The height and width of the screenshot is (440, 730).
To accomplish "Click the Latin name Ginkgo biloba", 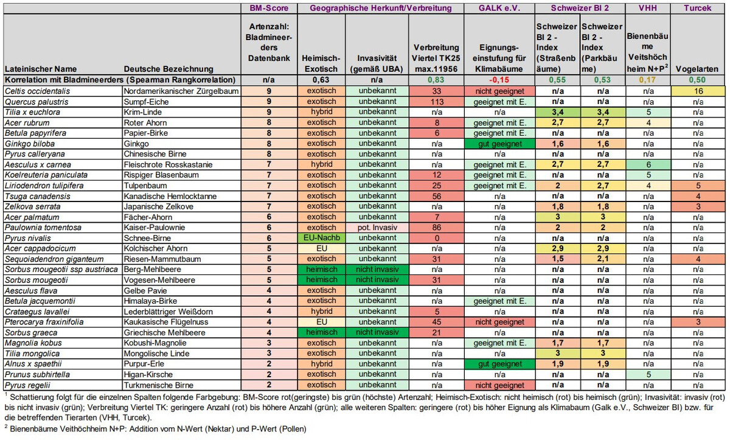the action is (30, 144).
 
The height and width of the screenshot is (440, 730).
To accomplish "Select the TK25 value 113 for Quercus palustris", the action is (437, 102).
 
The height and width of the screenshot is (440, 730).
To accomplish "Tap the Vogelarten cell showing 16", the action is (698, 91).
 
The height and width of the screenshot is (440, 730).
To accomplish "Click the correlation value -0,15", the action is (499, 80).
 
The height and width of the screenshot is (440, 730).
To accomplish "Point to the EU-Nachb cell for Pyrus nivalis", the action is (321, 238).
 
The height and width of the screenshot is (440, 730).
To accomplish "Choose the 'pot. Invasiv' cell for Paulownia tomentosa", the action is (377, 228).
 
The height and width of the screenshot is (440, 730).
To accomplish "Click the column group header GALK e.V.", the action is (499, 8).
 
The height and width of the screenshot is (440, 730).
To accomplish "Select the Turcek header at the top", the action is (697, 8).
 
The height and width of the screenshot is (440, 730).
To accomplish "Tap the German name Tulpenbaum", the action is (145, 186).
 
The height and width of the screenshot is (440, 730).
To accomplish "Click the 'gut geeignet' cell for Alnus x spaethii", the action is (499, 364).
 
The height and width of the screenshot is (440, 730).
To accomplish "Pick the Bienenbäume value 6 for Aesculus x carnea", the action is (648, 164).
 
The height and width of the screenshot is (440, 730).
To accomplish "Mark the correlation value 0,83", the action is (436, 80).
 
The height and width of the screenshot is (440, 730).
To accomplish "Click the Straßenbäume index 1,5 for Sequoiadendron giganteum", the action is (558, 259).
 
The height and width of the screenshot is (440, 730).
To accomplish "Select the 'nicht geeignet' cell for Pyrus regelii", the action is (499, 385).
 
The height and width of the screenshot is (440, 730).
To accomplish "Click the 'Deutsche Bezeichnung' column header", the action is (169, 69).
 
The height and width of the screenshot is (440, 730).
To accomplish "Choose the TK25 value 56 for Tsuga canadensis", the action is (437, 196).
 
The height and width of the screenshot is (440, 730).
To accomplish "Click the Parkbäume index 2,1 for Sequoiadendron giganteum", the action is (603, 259).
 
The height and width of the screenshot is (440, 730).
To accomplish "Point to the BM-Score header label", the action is (269, 8).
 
